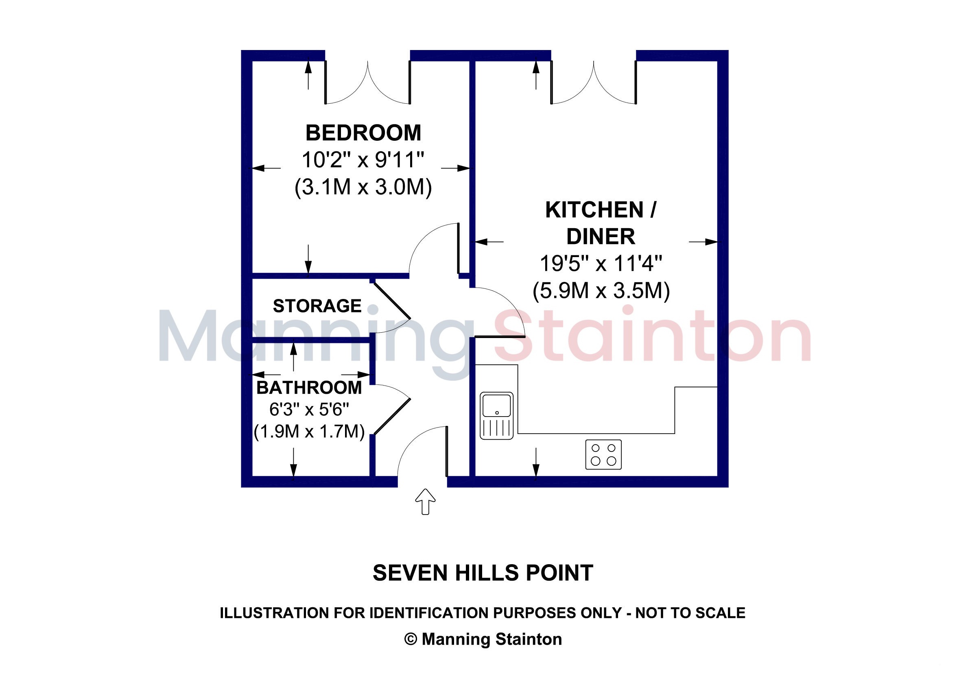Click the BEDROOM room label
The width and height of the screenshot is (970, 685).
(x=363, y=133)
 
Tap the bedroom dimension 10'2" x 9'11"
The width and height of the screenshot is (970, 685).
(x=363, y=160)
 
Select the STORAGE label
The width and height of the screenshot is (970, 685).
(x=317, y=306)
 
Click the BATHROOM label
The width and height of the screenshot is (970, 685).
(x=309, y=388)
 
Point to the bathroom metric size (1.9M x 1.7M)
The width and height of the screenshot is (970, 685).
(x=309, y=432)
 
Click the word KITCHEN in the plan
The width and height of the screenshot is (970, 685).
(x=595, y=210)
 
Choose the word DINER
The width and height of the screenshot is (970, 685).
(x=601, y=236)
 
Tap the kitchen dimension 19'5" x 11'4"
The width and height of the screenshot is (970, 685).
(x=601, y=264)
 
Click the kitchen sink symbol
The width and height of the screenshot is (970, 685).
(x=497, y=416)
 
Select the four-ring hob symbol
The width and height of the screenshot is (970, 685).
(x=603, y=454)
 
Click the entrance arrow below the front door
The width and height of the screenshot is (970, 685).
(x=426, y=502)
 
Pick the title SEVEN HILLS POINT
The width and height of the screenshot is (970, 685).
(x=483, y=573)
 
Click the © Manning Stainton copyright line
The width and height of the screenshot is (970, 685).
(x=483, y=639)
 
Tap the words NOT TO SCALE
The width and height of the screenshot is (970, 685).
(x=690, y=613)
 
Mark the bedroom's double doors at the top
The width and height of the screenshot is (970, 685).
(x=367, y=82)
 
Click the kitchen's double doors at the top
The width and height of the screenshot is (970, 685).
(x=594, y=82)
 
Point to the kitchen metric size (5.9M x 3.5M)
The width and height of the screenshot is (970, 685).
(x=601, y=291)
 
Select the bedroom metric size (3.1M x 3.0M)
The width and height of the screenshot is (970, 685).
(x=363, y=187)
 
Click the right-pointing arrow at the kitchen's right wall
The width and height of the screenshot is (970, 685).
(x=703, y=242)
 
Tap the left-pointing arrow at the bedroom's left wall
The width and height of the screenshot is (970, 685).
(x=266, y=168)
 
